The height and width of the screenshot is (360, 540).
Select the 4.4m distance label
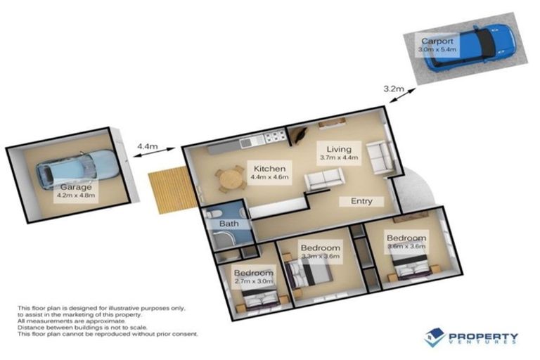[146, 146]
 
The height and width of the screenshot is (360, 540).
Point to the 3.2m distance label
[393, 89]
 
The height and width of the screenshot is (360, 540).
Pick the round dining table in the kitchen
[231, 179]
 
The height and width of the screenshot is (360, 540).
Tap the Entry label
[361, 202]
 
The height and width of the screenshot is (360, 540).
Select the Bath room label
[229, 224]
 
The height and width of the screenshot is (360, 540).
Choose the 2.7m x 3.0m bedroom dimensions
[253, 282]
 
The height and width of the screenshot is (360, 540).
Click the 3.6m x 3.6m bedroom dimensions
[406, 247]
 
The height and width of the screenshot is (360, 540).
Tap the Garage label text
[75, 188]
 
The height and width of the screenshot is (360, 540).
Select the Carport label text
[437, 41]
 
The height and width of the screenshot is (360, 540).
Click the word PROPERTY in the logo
[482, 336]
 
